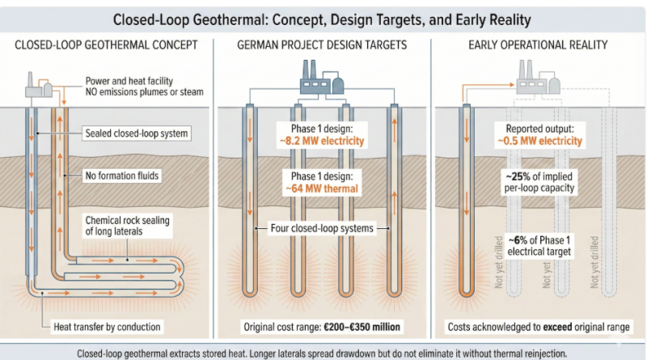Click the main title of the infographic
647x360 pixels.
pos(323,18)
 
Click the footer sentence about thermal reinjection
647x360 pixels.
pos(323,353)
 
